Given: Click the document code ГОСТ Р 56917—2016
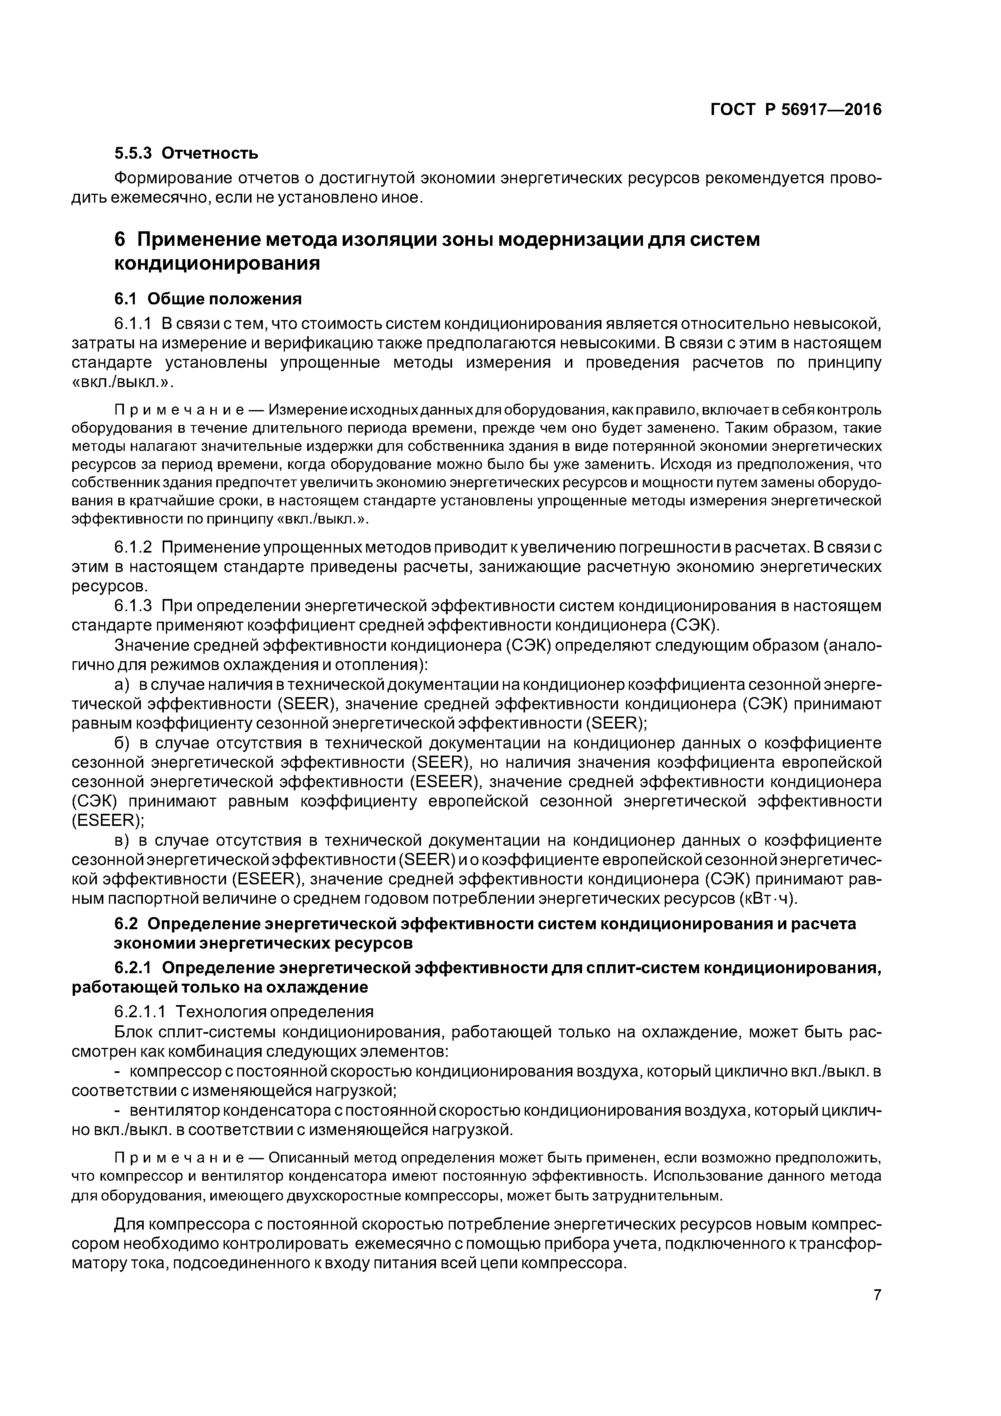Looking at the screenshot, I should [x=796, y=110].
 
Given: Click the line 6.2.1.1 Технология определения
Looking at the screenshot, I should [x=244, y=1012].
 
